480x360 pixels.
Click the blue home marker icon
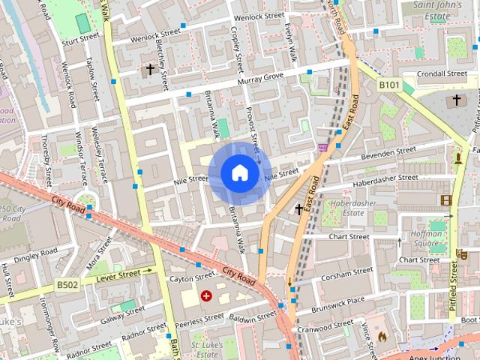[238, 173]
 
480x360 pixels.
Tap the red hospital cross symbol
[205, 297]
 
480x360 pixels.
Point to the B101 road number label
[388, 85]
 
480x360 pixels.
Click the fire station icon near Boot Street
[382, 337]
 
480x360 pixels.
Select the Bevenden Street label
[388, 153]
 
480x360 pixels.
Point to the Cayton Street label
[192, 278]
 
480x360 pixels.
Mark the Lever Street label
[118, 276]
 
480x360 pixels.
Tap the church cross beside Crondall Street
[456, 100]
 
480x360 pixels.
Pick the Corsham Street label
[346, 274]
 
